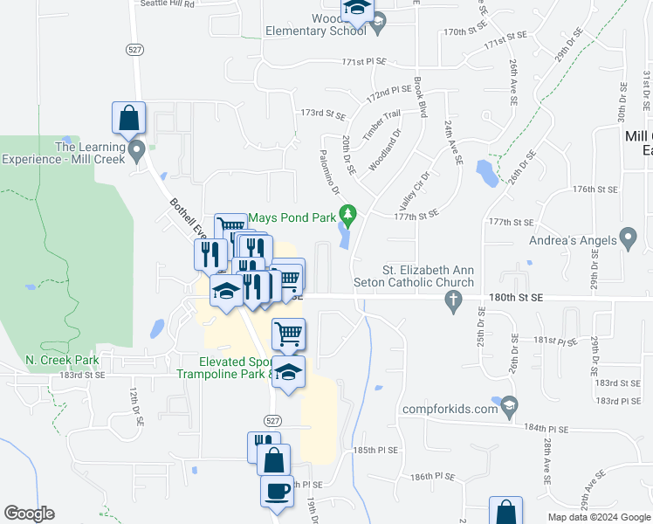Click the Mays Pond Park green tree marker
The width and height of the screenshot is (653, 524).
pyautogui.click(x=349, y=213)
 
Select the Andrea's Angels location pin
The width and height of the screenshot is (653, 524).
pyautogui.click(x=628, y=238)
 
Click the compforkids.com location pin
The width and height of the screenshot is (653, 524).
pyautogui.click(x=511, y=406)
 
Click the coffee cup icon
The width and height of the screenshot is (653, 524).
pyautogui.click(x=277, y=491)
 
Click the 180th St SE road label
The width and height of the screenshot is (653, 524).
pyautogui.click(x=513, y=298)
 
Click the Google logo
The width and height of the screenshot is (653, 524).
pyautogui.click(x=29, y=514)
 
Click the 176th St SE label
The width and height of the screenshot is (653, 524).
pyautogui.click(x=595, y=189)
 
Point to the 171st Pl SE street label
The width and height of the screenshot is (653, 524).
pyautogui.click(x=364, y=63)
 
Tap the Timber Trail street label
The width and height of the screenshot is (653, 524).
pyautogui.click(x=381, y=125)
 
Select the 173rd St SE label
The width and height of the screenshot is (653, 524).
pyautogui.click(x=324, y=114)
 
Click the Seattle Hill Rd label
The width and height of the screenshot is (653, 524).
pyautogui.click(x=168, y=4)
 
